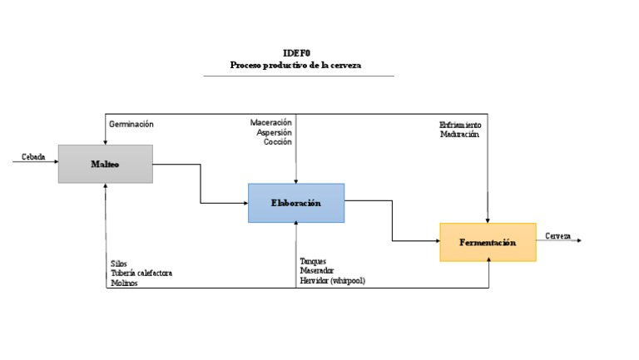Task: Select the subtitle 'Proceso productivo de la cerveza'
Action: point(298,65)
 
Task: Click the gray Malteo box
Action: point(105,164)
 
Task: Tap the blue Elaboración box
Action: point(295,203)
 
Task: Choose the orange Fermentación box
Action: point(488,242)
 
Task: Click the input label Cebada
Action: point(33,156)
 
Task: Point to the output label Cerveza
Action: point(558,236)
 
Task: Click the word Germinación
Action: point(131,124)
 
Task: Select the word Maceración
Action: point(271,123)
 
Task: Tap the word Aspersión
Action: point(274,132)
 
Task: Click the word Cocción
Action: point(277,141)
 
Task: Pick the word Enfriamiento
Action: point(460,126)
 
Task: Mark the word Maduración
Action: point(460,135)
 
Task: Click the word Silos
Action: point(119,264)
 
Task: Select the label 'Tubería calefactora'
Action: point(141,273)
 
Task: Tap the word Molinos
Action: point(124,283)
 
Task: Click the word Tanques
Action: point(314,261)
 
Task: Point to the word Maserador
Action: point(317,270)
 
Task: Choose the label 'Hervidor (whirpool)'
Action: point(332,280)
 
